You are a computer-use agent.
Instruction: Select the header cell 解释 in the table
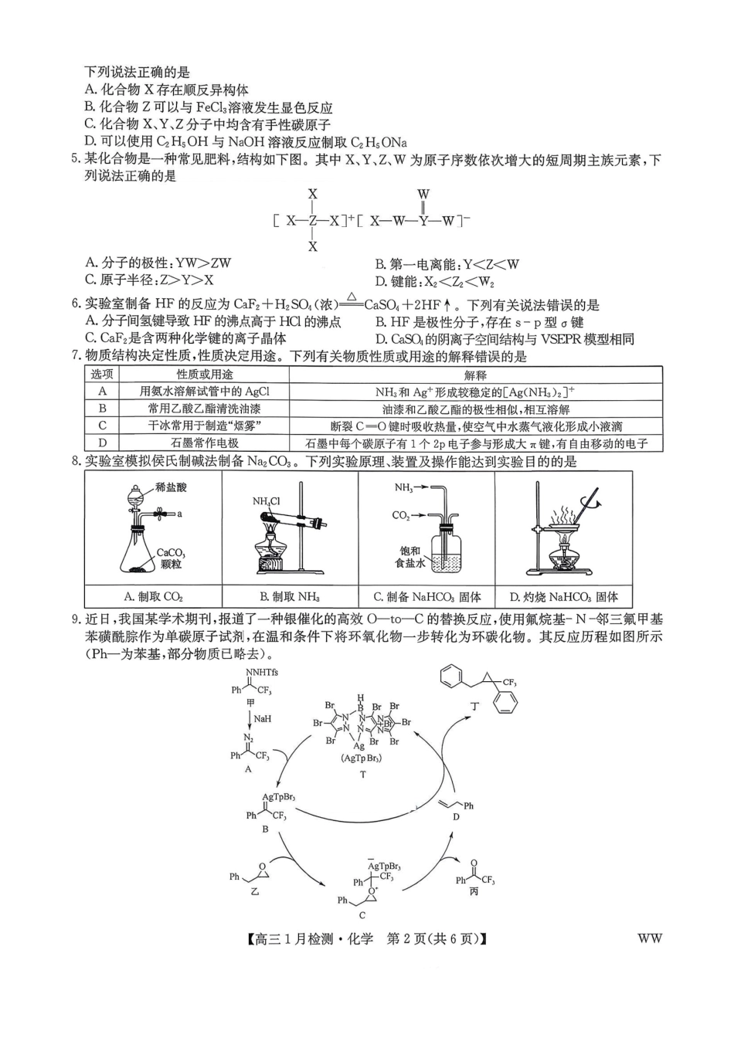[475, 375]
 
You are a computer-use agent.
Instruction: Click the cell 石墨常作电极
[204, 443]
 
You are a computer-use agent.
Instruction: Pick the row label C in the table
[102, 426]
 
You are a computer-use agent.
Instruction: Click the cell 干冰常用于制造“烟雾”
[204, 426]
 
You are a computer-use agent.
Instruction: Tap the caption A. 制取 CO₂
[153, 596]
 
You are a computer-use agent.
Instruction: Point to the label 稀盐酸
[171, 487]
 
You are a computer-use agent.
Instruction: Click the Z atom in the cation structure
[313, 221]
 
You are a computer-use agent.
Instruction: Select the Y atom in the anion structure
[423, 221]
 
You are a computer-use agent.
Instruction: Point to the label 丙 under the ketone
[474, 892]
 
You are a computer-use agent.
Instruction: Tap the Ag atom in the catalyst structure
[359, 746]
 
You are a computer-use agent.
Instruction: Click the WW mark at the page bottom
[650, 939]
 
